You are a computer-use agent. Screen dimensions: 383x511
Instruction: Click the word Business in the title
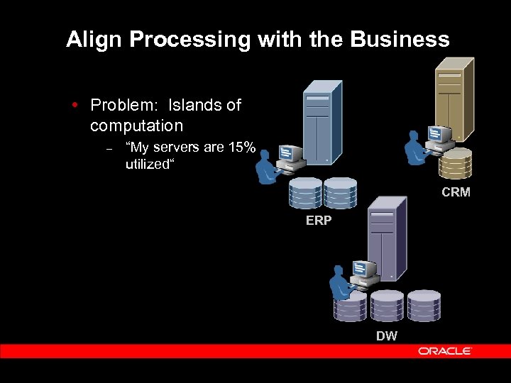(407, 40)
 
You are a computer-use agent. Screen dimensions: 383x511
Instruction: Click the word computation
(136, 126)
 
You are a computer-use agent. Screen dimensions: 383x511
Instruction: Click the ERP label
(319, 221)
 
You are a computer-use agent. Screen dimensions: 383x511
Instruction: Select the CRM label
(456, 192)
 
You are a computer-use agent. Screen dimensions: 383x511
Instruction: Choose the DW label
(387, 336)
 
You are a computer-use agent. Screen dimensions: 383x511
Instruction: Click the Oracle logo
(445, 351)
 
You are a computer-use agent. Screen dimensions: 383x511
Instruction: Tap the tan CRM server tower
(453, 99)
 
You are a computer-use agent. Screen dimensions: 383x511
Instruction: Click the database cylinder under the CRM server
(455, 163)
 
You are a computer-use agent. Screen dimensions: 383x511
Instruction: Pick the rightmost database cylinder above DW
(424, 306)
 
